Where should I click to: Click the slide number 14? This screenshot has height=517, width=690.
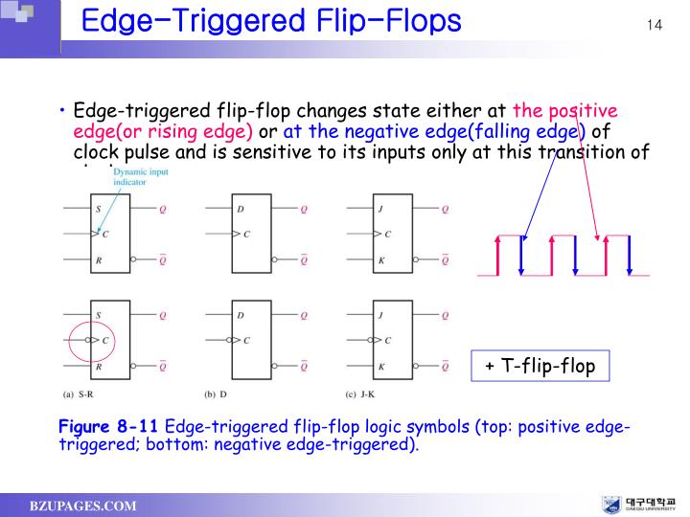(x=655, y=24)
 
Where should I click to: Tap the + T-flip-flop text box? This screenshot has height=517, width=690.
(x=540, y=366)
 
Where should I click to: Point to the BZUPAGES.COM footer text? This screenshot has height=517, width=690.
(x=82, y=506)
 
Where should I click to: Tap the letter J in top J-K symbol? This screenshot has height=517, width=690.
(x=382, y=208)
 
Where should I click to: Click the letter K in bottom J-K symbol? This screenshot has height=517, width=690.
(x=382, y=367)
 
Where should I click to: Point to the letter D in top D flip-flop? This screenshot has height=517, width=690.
(x=241, y=208)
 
